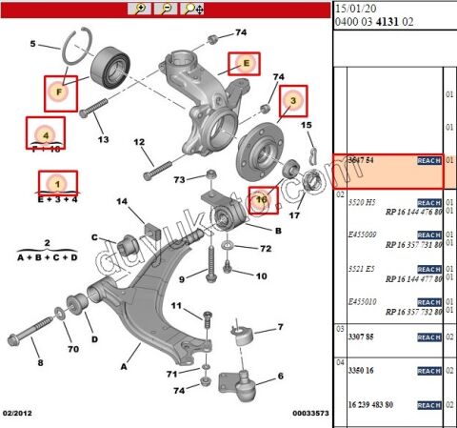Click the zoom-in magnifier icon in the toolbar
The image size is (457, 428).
[142, 9]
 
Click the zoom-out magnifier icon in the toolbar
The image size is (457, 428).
[167, 9]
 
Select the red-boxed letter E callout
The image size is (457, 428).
[244, 64]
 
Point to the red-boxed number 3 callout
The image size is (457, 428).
[293, 98]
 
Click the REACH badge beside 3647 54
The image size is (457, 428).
[429, 162]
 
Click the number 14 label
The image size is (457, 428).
[122, 201]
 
